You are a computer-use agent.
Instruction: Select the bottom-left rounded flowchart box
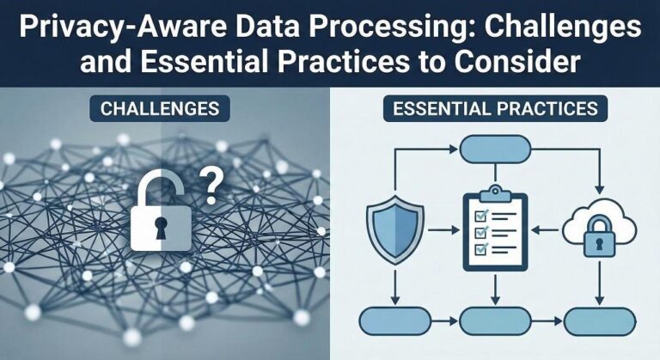click(392, 320)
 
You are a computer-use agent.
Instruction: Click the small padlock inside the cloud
click(598, 240)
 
